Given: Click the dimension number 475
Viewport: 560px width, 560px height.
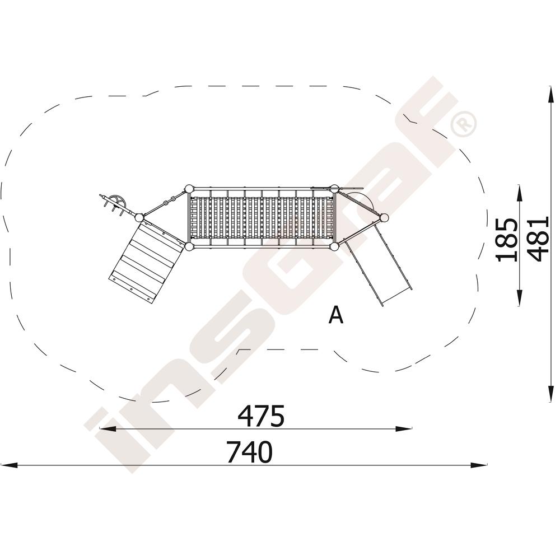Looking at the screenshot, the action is point(261,416).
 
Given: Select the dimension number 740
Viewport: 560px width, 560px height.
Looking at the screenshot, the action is point(250,452).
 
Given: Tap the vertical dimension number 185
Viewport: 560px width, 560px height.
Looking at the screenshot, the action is point(507,240).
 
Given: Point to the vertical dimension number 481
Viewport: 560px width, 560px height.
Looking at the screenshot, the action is point(538,239).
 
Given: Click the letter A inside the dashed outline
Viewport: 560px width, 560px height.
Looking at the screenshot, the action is point(335,314).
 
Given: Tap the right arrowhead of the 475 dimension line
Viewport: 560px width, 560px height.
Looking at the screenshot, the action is point(404,428).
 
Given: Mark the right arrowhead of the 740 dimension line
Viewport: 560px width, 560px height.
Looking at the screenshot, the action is point(479,465).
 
